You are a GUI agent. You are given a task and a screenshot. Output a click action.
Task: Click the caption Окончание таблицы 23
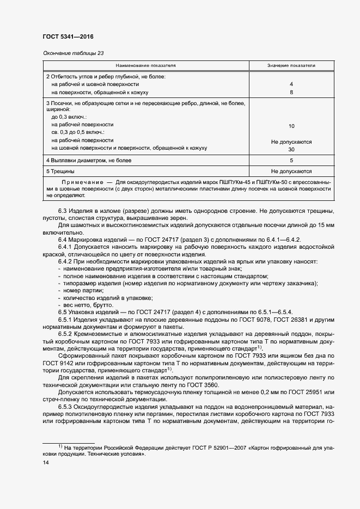[x=72, y=52]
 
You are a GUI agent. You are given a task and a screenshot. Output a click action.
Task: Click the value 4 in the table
[x=291, y=84]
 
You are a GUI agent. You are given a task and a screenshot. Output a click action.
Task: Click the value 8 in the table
[x=291, y=93]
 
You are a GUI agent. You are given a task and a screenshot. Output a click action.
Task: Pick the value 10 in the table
[x=291, y=126]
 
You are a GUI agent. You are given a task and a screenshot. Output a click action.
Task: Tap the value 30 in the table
[x=291, y=149]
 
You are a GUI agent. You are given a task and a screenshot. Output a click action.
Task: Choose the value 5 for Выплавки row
[x=291, y=161]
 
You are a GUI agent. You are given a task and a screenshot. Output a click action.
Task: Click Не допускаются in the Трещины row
[x=291, y=171]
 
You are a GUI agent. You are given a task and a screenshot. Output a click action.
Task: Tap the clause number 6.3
[x=63, y=211]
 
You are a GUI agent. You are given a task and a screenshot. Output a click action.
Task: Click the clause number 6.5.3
[x=66, y=407]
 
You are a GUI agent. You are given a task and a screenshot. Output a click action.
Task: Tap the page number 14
[x=46, y=462]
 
